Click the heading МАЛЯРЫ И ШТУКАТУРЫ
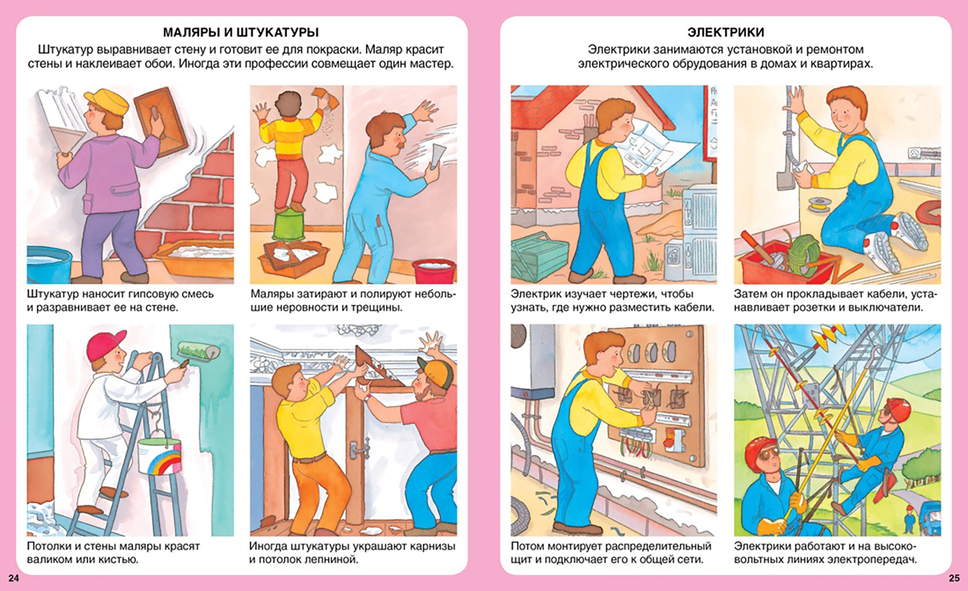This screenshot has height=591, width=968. (x=241, y=32)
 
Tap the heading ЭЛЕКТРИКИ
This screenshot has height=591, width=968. (x=725, y=32)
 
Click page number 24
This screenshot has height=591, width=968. (x=14, y=578)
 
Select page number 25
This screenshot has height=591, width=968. (x=954, y=578)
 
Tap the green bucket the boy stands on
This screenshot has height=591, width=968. (x=290, y=225)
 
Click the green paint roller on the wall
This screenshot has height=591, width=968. (x=197, y=351)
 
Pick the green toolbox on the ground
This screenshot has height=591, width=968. (x=540, y=256)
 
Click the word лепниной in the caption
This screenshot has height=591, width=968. (x=331, y=559)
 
